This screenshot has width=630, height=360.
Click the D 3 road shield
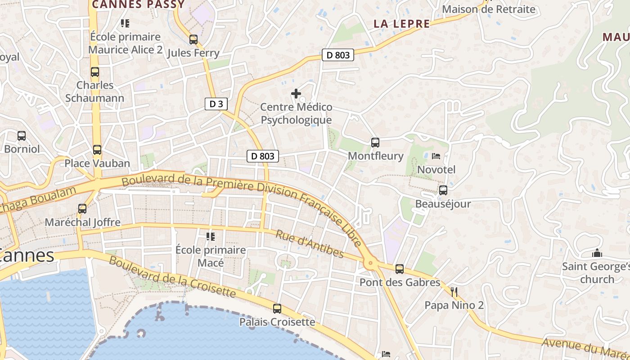[x=216, y=104]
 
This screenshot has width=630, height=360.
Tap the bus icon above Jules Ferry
[x=193, y=40]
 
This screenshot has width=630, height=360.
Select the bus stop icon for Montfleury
[x=375, y=143]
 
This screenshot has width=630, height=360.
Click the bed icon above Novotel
[x=436, y=156]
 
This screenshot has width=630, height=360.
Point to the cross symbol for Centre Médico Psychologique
[x=296, y=94]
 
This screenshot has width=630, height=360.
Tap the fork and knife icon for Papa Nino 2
[x=454, y=292]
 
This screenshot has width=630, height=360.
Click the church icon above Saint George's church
[x=597, y=253]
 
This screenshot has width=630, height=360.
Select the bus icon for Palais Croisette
[x=277, y=309]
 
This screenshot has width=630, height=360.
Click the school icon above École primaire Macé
[x=210, y=236]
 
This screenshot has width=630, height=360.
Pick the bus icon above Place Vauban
[x=97, y=150]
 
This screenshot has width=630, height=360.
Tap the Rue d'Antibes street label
[x=310, y=244]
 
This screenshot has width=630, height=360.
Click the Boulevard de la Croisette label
[x=172, y=277]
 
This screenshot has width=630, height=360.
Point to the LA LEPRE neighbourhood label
[x=402, y=24]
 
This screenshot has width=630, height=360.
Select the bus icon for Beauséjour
[x=443, y=190]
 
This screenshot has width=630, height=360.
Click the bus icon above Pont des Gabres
[x=400, y=269]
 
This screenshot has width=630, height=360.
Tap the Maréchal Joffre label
[x=82, y=222]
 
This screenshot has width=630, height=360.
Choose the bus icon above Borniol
[x=22, y=135]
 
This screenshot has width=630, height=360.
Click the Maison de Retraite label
[x=489, y=9]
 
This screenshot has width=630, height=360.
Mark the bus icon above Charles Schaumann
[x=95, y=72]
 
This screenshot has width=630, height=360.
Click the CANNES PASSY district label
[x=138, y=4]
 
